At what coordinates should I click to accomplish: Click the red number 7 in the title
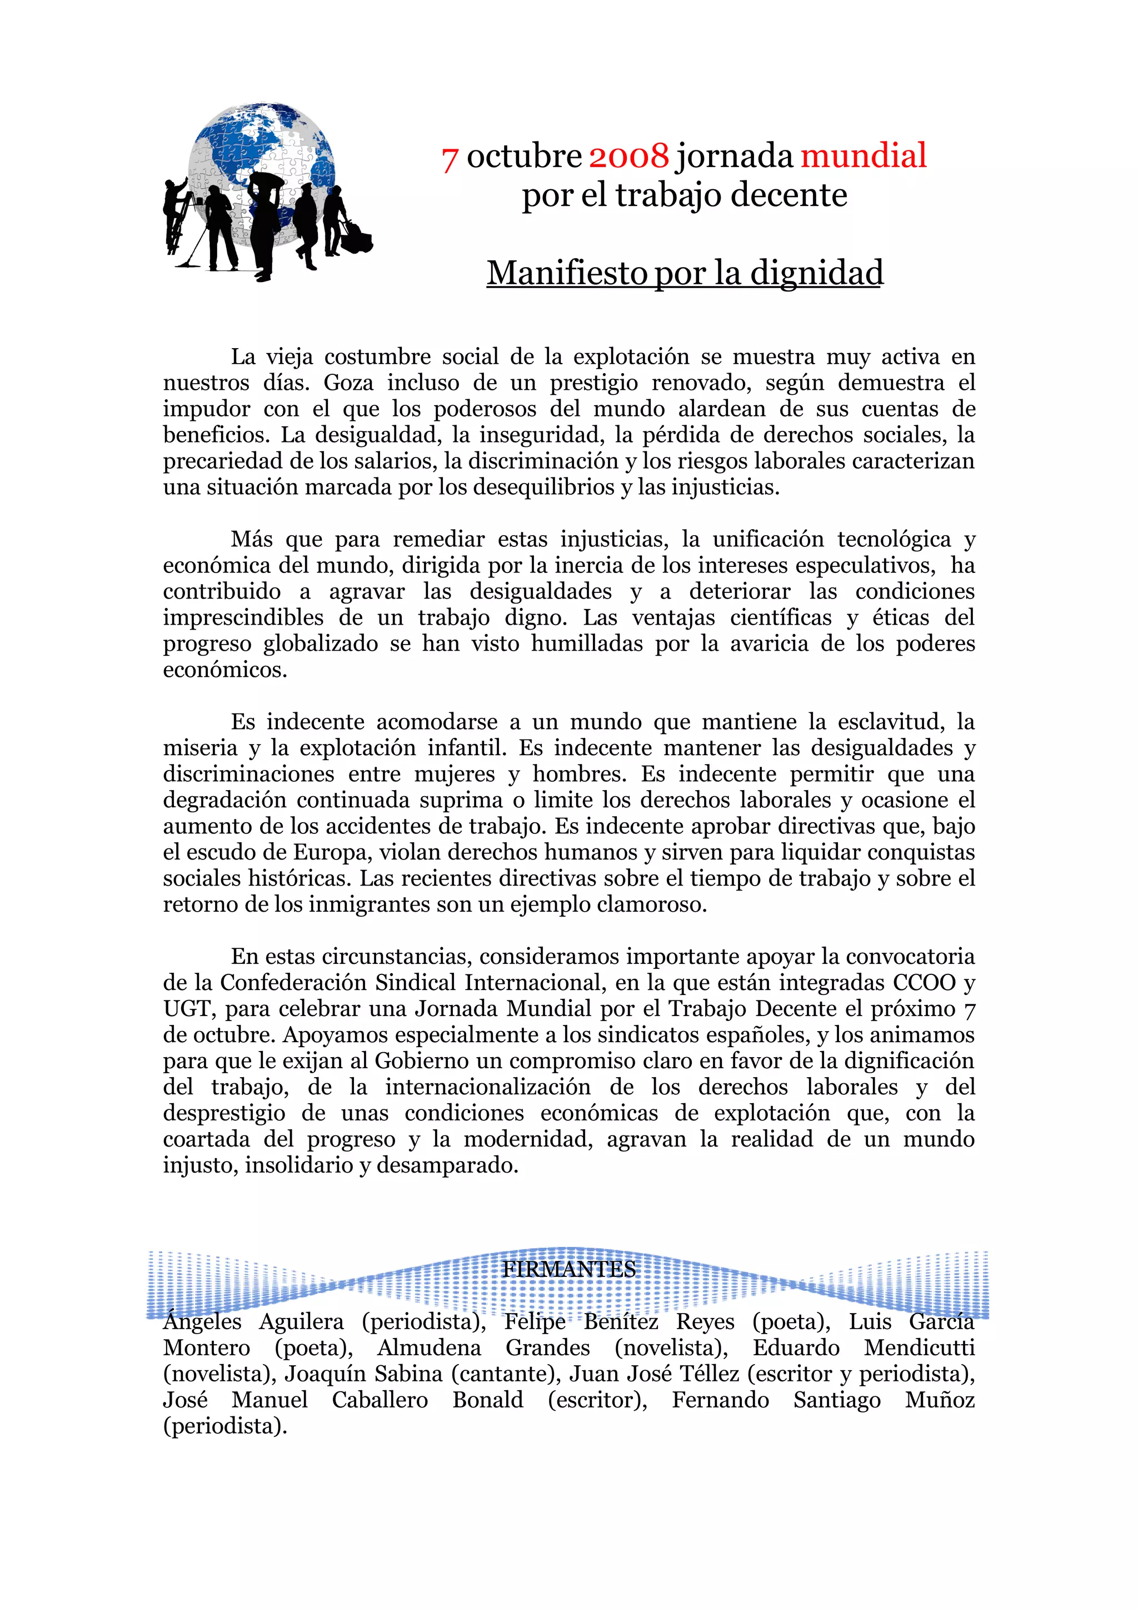[450, 158]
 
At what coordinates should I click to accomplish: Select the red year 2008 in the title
[628, 156]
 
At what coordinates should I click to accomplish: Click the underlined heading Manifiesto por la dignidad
[685, 273]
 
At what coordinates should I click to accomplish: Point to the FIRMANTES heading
[568, 1269]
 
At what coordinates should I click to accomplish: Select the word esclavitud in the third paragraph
[889, 722]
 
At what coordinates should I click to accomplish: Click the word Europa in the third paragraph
[330, 853]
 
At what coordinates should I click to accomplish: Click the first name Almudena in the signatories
[429, 1348]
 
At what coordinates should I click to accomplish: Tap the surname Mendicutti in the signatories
[919, 1348]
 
